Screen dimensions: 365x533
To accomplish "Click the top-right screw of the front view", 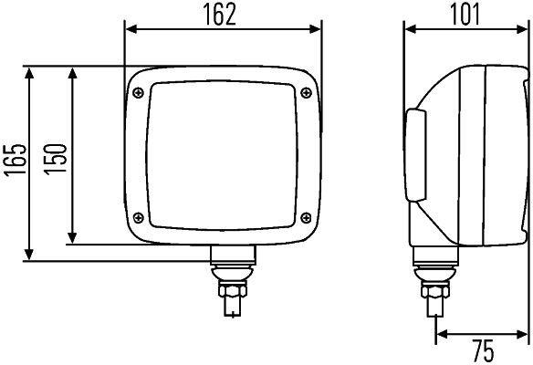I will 305,89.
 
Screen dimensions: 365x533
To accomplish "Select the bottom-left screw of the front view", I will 138,217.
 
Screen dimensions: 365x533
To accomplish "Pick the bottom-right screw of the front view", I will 305,217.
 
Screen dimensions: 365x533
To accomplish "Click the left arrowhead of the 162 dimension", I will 130,29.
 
